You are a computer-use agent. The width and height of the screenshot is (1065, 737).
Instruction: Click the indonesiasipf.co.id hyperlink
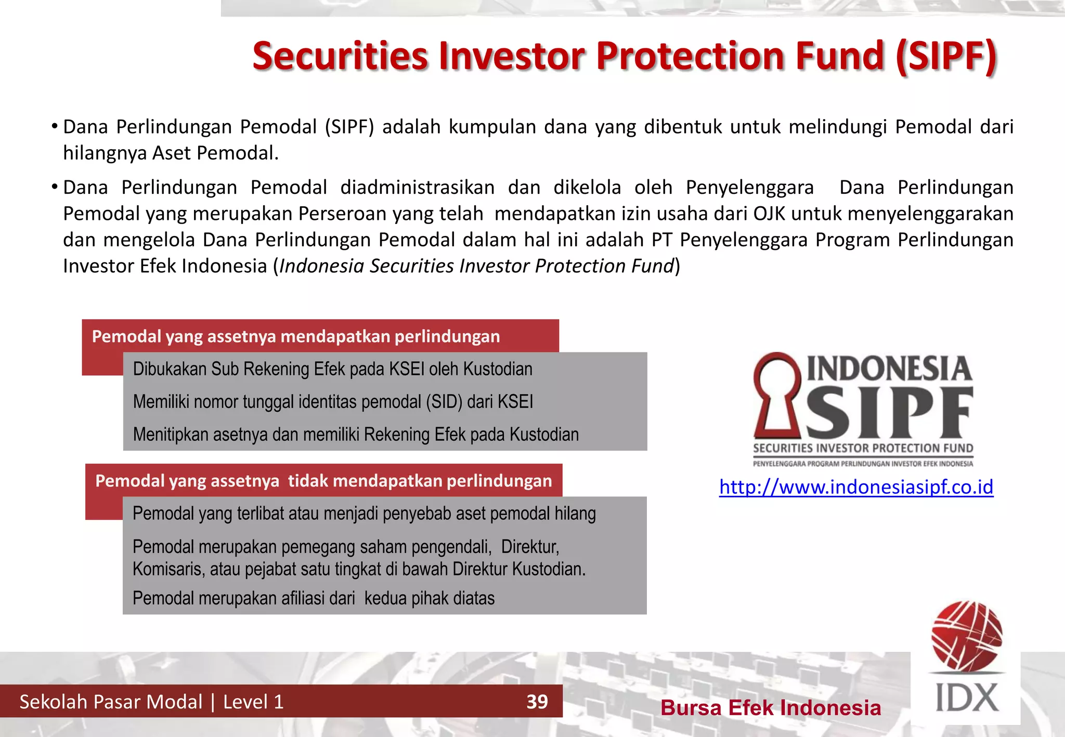point(856,487)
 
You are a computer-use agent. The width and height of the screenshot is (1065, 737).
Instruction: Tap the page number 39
point(537,702)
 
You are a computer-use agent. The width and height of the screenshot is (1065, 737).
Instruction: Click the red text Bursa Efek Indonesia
point(771,708)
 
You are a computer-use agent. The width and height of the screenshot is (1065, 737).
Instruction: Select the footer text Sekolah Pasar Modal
point(111,702)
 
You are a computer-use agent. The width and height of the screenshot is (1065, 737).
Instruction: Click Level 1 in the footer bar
point(253,702)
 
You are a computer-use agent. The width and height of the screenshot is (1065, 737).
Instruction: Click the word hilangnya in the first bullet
point(104,153)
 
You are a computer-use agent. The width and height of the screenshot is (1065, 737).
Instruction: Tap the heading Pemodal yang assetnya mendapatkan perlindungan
point(296,337)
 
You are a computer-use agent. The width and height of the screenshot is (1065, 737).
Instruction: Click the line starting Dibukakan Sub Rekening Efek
point(333,369)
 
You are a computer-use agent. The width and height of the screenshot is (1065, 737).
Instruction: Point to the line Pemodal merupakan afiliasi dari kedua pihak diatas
point(314,598)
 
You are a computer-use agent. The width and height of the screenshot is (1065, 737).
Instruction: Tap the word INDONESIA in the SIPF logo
point(889,369)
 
